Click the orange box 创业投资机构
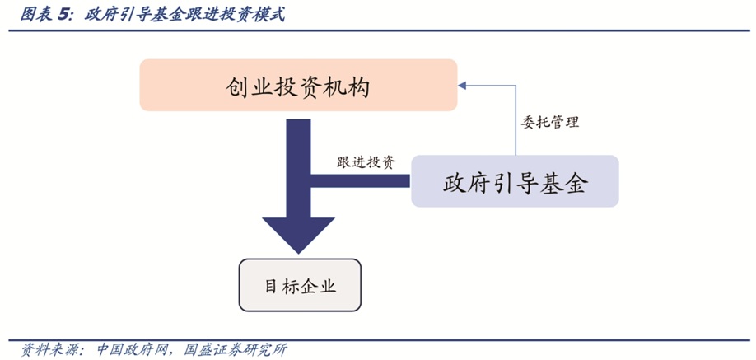297,86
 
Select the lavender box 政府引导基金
515,181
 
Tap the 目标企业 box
300,286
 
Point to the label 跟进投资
366,161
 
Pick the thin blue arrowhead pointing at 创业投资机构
463,83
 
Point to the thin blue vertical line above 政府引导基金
516,124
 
